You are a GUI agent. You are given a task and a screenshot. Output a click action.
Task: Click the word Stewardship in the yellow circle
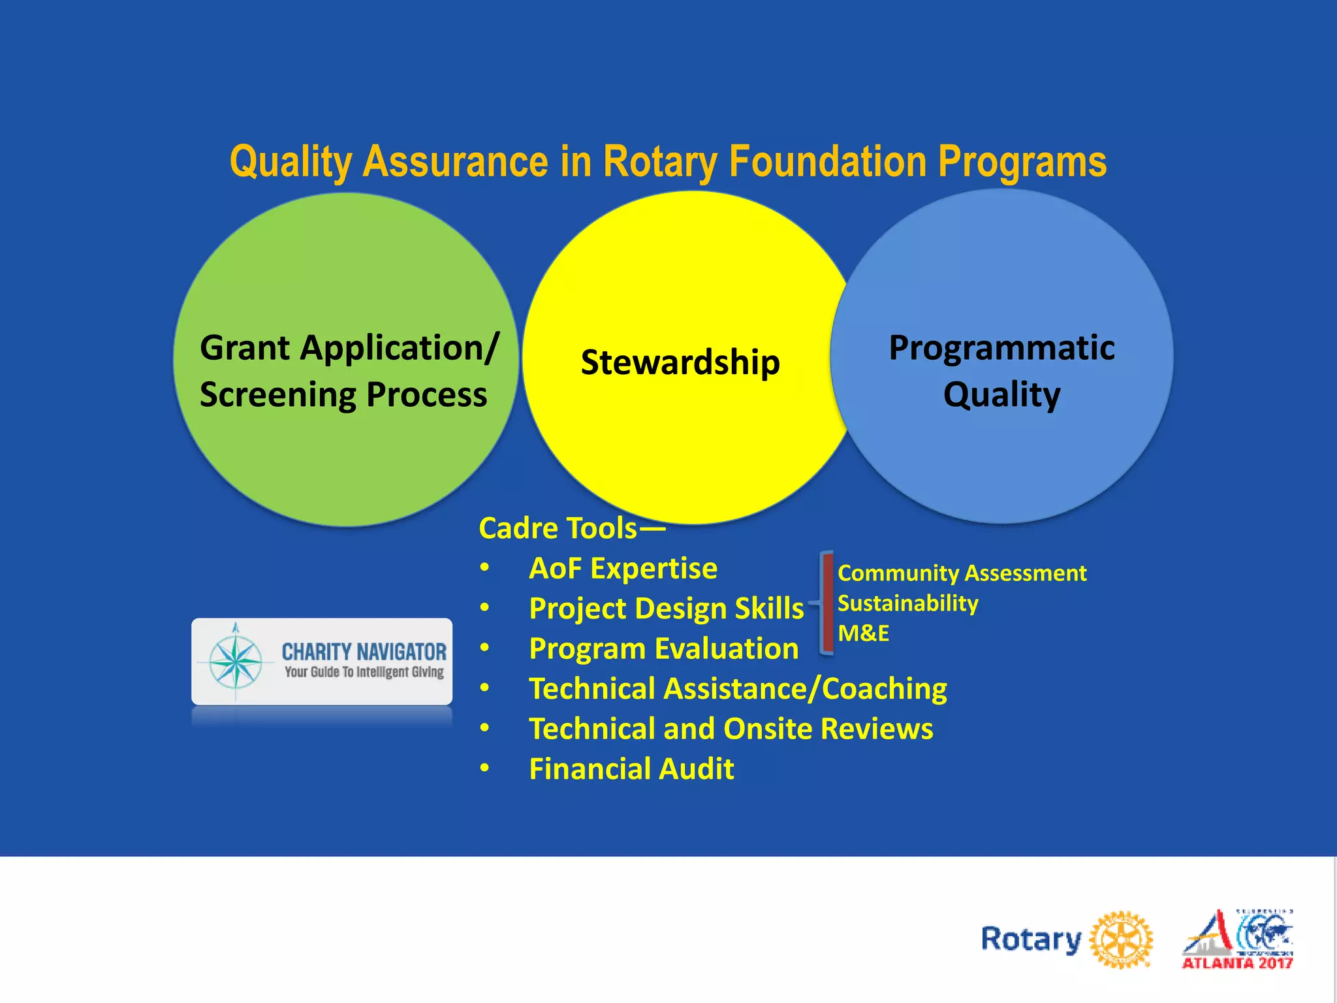[680, 362]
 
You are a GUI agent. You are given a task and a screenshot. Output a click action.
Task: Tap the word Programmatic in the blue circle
[1001, 348]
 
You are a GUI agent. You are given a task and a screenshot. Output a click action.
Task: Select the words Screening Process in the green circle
[343, 395]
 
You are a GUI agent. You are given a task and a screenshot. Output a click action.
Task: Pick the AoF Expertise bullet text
[623, 568]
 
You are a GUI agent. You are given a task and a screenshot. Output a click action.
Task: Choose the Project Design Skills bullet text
[666, 609]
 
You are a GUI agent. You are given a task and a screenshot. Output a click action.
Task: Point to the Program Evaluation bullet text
[663, 648]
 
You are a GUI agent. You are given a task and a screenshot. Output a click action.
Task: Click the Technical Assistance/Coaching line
[738, 689]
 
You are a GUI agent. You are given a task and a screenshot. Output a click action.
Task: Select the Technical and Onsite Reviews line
[731, 729]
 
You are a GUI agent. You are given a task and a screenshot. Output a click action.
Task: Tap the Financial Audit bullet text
[631, 769]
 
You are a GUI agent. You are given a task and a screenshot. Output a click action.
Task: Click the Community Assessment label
[962, 573]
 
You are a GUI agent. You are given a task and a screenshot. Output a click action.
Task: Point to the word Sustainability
[907, 603]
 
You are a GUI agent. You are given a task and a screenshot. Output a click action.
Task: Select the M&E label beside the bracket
[863, 633]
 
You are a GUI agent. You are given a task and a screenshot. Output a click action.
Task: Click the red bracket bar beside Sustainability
[827, 603]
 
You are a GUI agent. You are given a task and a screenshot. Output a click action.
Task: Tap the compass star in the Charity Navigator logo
[236, 661]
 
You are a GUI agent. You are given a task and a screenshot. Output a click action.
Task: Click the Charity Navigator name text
[364, 651]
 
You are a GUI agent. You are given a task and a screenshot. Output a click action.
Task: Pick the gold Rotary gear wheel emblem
[1122, 940]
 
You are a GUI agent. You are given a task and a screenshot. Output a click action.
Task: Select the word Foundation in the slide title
[828, 162]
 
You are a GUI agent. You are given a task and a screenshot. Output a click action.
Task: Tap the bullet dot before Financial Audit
[484, 768]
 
